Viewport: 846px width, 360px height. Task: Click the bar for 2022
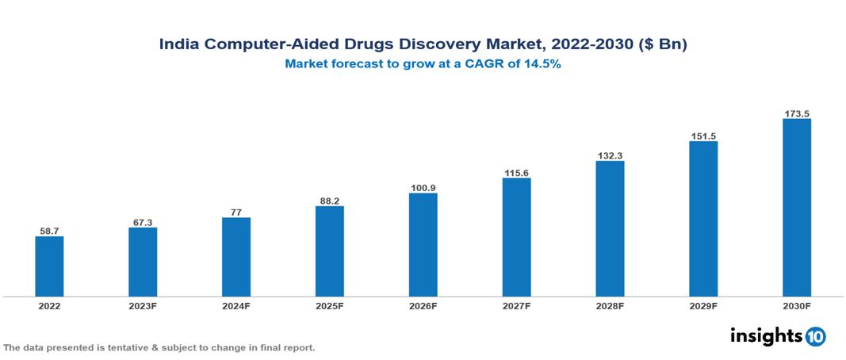tap(49, 266)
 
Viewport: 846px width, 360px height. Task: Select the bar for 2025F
tap(329, 251)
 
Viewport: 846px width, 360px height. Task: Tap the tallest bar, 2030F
tap(796, 208)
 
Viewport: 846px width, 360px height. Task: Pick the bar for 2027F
tap(516, 237)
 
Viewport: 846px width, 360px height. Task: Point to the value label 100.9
tap(423, 187)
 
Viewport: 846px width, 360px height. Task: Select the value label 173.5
tap(796, 113)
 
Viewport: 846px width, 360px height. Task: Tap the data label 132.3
tap(610, 155)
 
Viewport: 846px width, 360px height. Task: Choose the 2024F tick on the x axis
tap(236, 306)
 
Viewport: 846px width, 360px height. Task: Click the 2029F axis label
tap(703, 306)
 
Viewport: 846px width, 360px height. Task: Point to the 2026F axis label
tap(423, 306)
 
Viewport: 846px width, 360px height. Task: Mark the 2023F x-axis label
tap(143, 306)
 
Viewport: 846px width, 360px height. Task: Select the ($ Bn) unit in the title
tap(662, 45)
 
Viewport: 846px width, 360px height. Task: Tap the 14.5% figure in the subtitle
tap(542, 65)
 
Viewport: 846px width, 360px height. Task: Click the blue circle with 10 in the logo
tap(815, 336)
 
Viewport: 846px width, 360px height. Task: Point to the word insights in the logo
tap(766, 335)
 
